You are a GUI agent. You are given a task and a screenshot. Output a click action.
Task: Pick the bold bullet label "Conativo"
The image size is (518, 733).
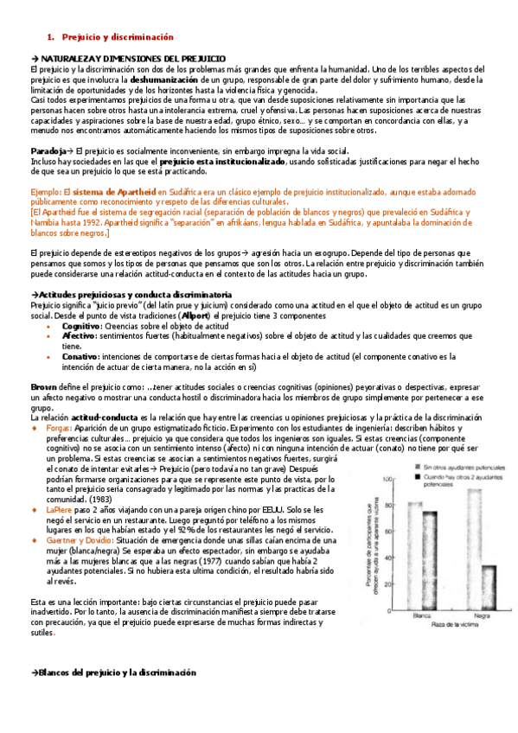coord(80,357)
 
